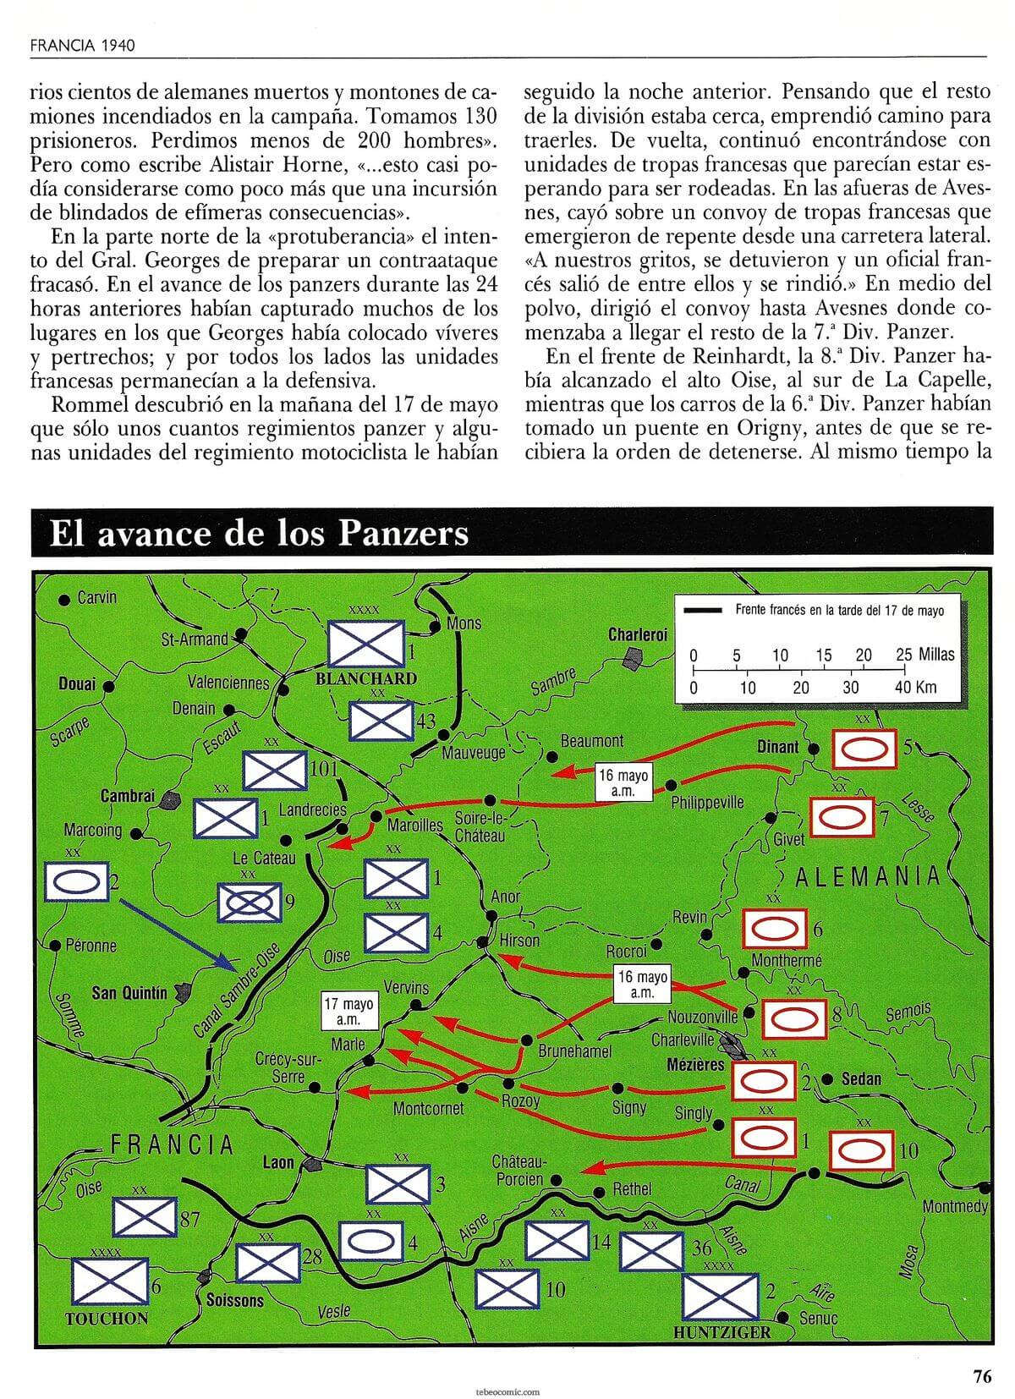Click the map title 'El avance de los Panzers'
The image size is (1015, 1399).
259,534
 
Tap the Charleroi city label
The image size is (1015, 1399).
638,634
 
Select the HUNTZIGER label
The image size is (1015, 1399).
722,1332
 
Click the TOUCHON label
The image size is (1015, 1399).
107,1319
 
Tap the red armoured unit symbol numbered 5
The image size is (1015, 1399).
864,749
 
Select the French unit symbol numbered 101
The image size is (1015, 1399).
274,770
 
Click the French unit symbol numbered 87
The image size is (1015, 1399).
145,1217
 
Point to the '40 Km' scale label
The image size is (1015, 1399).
916,687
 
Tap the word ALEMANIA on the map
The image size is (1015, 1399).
868,876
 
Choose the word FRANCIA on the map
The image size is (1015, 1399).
172,1145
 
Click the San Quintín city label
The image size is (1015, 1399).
129,993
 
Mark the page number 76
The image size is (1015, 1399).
981,1376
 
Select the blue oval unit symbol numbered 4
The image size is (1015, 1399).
371,1242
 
